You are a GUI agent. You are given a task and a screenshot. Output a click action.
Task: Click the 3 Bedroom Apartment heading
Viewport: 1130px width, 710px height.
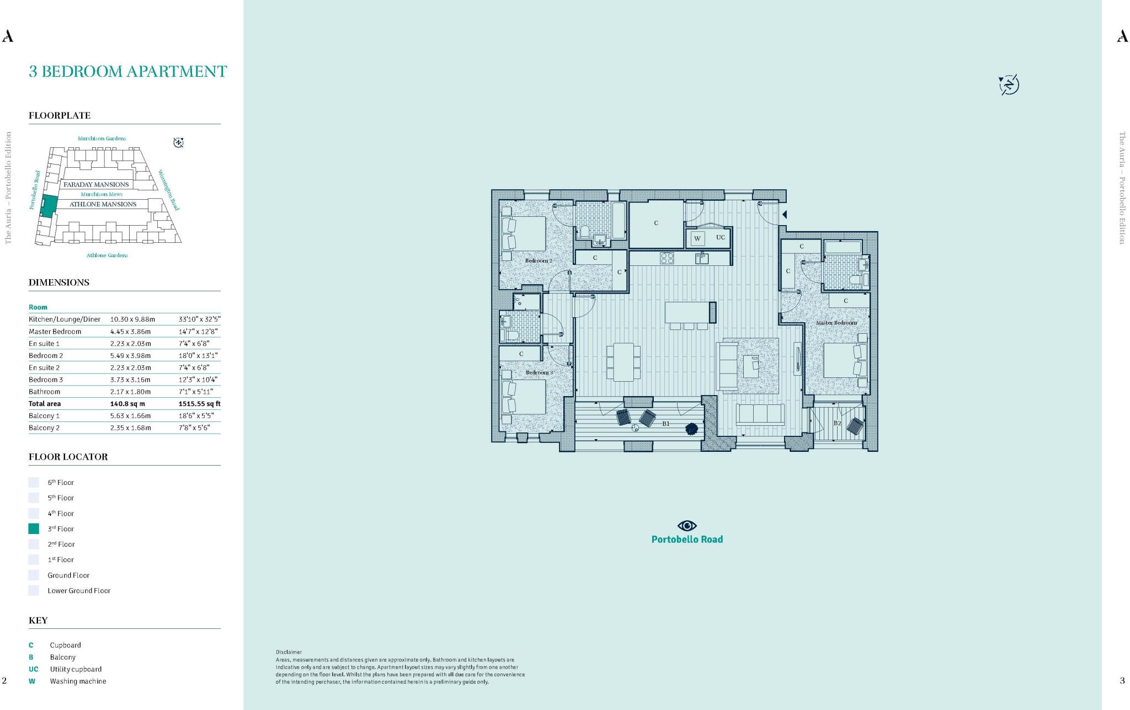[127, 72]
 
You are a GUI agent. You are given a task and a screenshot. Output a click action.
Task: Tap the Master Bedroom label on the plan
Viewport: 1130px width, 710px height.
[836, 323]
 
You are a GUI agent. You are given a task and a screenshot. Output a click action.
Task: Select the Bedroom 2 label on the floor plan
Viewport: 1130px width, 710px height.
[538, 260]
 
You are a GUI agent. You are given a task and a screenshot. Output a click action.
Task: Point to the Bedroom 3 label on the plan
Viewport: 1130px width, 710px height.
[539, 372]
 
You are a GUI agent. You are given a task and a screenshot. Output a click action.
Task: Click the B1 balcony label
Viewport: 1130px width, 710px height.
[666, 424]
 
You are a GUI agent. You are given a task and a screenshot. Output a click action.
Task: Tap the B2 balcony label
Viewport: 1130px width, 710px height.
[837, 423]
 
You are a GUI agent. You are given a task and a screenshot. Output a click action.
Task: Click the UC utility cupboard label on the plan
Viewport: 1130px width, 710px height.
[721, 237]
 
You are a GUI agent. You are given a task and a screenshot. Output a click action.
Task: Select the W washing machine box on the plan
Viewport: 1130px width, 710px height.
[697, 238]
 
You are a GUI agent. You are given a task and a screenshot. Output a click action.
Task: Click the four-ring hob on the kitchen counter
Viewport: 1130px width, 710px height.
[667, 258]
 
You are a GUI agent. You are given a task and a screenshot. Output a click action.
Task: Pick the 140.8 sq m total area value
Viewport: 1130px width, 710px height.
[127, 404]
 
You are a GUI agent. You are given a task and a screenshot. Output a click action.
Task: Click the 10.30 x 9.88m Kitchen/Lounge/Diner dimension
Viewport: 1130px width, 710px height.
[132, 319]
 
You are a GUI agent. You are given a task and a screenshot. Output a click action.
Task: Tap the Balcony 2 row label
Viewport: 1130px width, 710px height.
[44, 428]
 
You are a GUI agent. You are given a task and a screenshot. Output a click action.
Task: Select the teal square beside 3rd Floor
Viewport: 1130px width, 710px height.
[34, 529]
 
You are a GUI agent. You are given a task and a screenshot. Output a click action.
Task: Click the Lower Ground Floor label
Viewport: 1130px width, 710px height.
[79, 590]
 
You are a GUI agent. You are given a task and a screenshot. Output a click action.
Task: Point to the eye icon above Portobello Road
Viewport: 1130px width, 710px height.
[687, 525]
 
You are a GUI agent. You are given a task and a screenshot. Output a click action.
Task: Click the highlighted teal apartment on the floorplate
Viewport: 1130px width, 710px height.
[49, 205]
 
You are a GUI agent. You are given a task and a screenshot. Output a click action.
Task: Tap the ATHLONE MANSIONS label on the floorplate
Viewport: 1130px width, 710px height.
[103, 204]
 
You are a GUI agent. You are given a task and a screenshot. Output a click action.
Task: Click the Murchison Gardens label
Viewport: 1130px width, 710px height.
[102, 138]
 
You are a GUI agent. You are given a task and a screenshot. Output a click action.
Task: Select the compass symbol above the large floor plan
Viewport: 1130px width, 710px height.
[1009, 85]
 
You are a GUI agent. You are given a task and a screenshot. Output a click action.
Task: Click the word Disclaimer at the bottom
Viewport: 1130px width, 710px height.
[289, 652]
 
